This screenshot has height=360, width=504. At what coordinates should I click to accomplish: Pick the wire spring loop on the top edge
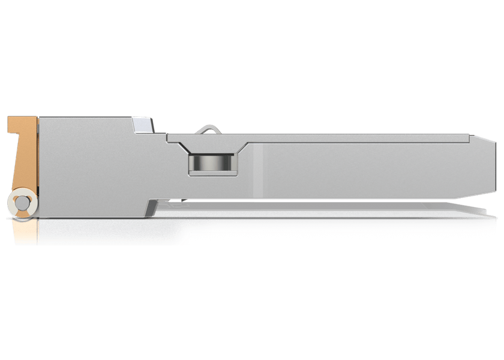point(209,127)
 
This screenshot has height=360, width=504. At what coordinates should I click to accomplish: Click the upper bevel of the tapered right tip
point(482,151)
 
